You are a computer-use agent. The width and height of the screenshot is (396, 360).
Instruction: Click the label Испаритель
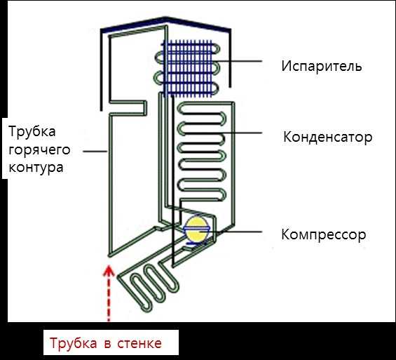pos(322,66)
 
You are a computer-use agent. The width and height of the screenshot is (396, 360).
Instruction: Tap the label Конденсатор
pos(327,137)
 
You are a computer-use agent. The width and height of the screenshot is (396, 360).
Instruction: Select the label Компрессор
pos(324,235)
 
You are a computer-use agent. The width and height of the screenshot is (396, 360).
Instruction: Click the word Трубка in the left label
pos(32,132)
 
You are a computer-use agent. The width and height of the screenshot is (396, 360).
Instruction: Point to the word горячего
pos(39,150)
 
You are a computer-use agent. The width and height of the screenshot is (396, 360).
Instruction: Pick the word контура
pos(36,168)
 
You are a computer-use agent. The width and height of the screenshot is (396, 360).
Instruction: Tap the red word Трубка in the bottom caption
pos(73,343)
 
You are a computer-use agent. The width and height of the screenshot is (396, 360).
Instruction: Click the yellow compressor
pos(197,229)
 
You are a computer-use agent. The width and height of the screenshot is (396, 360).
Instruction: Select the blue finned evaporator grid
pos(188,68)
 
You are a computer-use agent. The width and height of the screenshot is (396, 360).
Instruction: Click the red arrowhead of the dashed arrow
pos(109,270)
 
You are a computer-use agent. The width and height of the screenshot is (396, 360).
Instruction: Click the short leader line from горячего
pos(95,152)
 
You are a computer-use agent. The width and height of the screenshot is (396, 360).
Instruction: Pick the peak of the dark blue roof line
pos(165,18)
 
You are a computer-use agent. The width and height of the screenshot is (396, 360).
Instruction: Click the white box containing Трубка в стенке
pos(111,342)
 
